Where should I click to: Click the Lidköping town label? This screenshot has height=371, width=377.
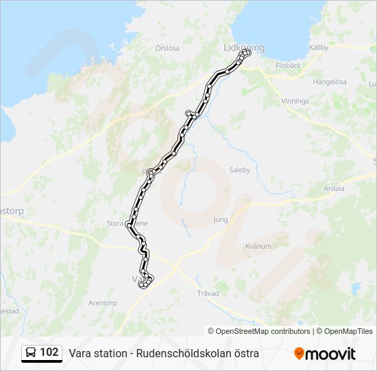click(x=243, y=47)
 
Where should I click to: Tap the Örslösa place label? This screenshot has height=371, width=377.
click(x=167, y=48)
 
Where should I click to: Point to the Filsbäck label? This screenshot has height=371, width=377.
click(x=288, y=65)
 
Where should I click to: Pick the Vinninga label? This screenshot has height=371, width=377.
click(x=295, y=100)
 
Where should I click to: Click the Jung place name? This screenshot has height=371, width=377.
click(x=220, y=220)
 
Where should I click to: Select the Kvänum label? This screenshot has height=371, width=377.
click(x=258, y=246)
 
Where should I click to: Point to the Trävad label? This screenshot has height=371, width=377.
click(x=208, y=293)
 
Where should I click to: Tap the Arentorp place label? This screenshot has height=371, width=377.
click(x=103, y=302)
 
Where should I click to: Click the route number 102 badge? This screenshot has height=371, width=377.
click(x=49, y=352)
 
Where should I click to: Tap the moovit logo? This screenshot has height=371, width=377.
click(x=325, y=354)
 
